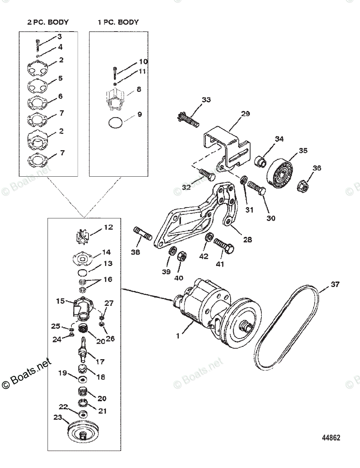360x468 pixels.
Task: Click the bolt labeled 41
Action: pos(224,245)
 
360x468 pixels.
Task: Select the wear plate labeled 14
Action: pos(82,259)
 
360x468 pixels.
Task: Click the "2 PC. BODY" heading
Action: pos(48,22)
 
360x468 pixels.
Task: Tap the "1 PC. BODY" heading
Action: pos(118,22)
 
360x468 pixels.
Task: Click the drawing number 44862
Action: pos(331,438)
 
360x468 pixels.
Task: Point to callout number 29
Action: pos(245,113)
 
